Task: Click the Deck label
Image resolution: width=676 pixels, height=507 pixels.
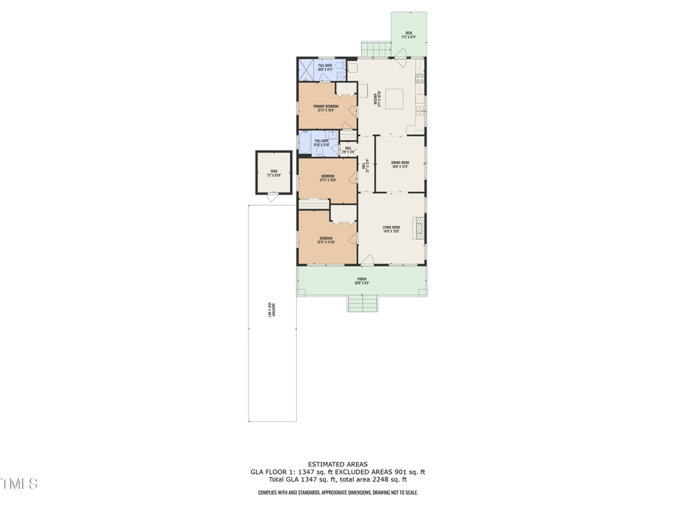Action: (x=409, y=33)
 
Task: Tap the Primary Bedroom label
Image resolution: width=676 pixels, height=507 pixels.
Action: (x=326, y=107)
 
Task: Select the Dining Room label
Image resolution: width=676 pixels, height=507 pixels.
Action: (x=400, y=163)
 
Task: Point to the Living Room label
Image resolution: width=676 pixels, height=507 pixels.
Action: (x=391, y=228)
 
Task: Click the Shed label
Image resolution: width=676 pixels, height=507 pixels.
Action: (x=273, y=171)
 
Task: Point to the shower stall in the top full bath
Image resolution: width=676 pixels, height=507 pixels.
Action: (x=307, y=70)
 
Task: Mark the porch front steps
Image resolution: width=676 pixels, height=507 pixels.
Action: (x=362, y=303)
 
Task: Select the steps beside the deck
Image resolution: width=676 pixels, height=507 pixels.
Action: (x=375, y=49)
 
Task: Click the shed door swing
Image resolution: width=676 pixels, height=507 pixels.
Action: (x=270, y=198)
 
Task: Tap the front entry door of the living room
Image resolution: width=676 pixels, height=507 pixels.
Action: (x=367, y=260)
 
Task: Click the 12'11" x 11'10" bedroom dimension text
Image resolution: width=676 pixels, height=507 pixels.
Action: (x=326, y=242)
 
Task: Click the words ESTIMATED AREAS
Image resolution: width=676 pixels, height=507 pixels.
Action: (x=337, y=463)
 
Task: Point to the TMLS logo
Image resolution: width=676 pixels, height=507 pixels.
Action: (x=19, y=483)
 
